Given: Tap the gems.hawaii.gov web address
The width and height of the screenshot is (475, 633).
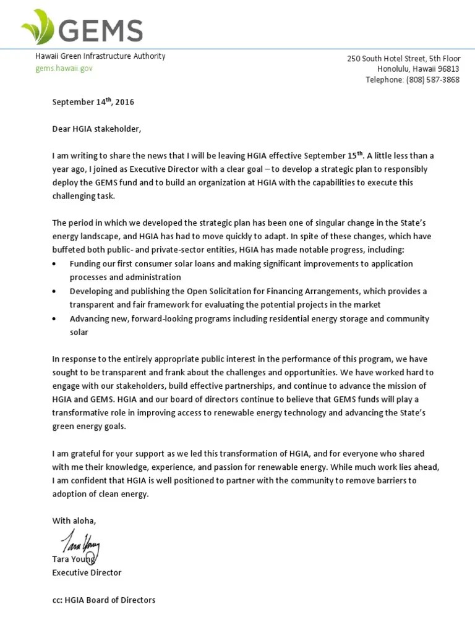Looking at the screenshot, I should click(64, 68).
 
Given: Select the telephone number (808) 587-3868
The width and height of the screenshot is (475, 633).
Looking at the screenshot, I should click(432, 80).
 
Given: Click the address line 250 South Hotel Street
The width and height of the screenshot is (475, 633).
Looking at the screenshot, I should click(403, 59).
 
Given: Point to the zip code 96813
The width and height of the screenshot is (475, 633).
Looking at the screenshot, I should click(447, 69).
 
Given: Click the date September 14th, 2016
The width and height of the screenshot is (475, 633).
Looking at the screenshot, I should click(93, 102).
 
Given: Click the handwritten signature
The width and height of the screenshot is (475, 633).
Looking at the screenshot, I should click(80, 543).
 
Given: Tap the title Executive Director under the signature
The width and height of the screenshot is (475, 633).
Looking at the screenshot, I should click(87, 572).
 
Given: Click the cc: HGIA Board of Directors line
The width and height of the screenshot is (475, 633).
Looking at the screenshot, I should click(104, 600).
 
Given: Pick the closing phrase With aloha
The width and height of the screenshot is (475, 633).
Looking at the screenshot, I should click(74, 520).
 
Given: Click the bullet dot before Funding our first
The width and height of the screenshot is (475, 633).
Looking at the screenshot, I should click(56, 264).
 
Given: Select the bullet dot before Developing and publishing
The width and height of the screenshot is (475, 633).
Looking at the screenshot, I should click(56, 291).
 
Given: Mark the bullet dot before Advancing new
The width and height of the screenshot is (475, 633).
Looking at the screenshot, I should click(56, 319).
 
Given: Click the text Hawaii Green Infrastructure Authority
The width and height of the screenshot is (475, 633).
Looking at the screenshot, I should click(100, 56).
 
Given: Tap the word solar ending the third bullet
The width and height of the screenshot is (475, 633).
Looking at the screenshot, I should click(79, 332).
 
